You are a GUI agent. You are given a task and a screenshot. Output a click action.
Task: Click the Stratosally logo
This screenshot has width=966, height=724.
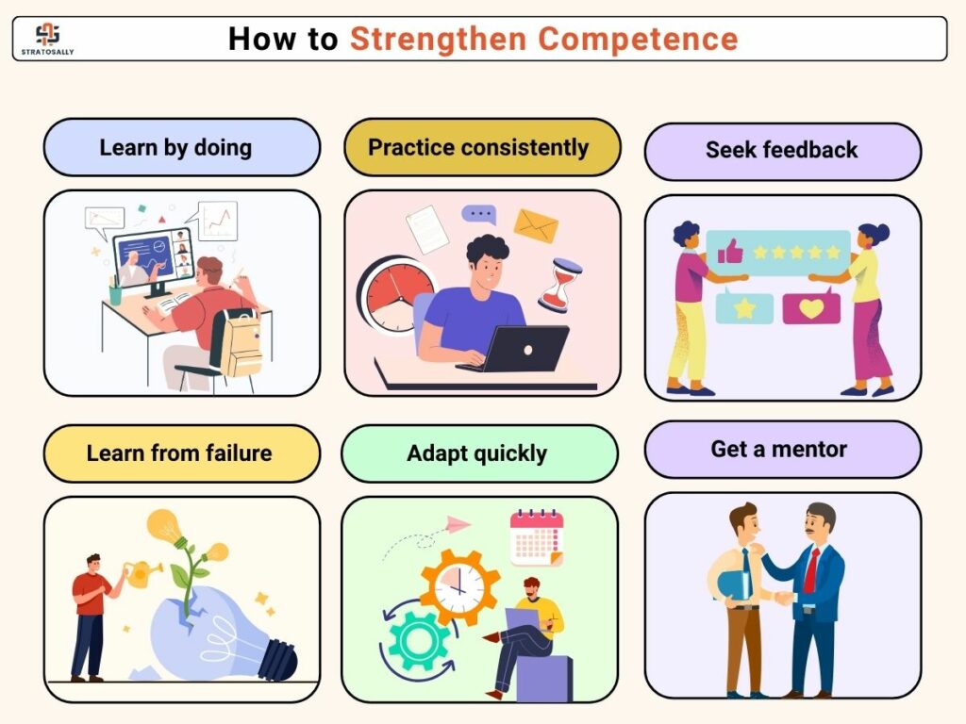[47, 39]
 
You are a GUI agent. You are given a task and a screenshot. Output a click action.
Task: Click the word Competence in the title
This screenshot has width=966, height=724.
[639, 39]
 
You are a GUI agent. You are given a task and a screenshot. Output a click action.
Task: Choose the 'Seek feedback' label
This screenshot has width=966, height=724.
[782, 151]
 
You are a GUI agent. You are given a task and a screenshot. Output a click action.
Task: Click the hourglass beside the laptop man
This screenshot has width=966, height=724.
[560, 285]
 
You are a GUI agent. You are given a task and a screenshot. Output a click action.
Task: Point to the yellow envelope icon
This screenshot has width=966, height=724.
[536, 226]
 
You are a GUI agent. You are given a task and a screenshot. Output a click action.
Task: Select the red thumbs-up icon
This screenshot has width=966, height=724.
[730, 252]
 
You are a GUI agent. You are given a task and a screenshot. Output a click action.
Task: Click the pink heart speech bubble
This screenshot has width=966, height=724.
[810, 307]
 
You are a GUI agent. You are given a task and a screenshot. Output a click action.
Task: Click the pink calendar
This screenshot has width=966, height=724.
[537, 536]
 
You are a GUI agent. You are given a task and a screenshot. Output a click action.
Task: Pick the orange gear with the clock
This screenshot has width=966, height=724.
[459, 587]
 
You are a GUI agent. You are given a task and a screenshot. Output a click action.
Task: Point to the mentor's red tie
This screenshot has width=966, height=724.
[811, 570]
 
